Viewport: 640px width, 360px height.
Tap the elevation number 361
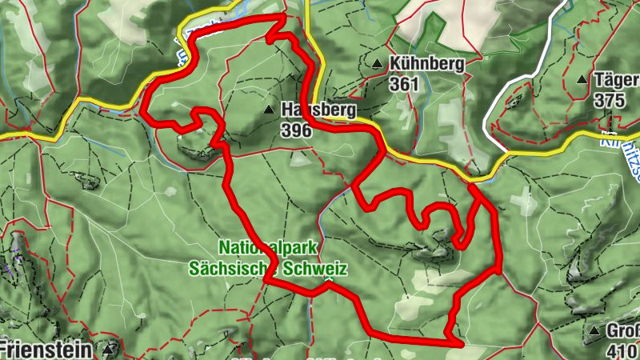click(x=405, y=82)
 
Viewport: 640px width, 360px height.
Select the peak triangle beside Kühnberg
click(x=377, y=62)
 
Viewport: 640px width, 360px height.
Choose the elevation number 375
click(x=610, y=101)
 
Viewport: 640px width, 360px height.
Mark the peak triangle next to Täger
click(x=582, y=80)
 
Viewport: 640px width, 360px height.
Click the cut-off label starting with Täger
click(x=616, y=80)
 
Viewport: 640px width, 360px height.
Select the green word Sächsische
click(x=226, y=269)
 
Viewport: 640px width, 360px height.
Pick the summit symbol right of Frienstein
click(x=109, y=349)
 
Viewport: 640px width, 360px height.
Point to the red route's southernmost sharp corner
click(x=462, y=343)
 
